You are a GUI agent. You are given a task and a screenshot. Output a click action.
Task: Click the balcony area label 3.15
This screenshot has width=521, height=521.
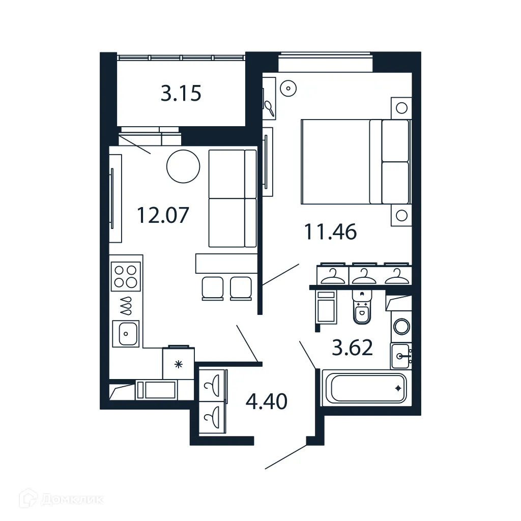(x=181, y=94)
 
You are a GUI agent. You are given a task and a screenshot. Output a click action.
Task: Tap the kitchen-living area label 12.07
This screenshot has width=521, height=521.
(x=163, y=215)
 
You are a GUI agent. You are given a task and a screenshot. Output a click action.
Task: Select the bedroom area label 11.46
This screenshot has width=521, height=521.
(x=330, y=232)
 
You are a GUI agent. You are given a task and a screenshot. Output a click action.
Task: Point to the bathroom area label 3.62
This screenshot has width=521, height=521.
(x=353, y=348)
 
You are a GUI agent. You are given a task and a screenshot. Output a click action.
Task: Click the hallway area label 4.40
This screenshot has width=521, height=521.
(x=266, y=401)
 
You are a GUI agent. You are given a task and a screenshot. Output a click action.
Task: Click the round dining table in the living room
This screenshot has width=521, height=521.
(x=183, y=166)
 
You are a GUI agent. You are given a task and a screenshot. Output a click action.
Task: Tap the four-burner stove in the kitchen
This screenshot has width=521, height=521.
(x=126, y=277)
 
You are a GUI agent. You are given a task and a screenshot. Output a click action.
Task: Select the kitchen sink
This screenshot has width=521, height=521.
(x=126, y=334)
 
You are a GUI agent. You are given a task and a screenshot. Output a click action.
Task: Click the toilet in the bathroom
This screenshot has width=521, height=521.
(x=362, y=307)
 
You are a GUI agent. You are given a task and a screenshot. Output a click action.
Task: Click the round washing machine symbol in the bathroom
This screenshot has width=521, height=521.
(x=402, y=327)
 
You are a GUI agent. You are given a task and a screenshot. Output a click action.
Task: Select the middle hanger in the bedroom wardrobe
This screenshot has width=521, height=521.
(x=364, y=276)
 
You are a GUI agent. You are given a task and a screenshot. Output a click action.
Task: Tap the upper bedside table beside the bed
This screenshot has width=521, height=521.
(x=401, y=108)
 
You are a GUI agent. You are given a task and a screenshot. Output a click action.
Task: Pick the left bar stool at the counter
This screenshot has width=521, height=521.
(x=213, y=288)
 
